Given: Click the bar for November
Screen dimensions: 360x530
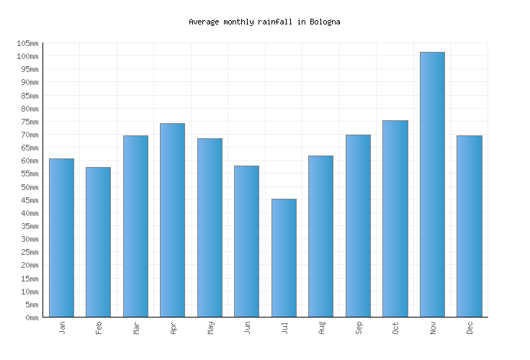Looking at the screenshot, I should (x=432, y=184).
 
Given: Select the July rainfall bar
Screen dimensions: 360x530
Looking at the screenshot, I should (x=284, y=258).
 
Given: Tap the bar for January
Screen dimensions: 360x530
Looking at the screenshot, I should (x=61, y=238).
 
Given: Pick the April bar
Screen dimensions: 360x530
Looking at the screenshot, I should (x=172, y=220).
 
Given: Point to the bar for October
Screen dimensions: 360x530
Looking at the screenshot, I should (x=395, y=218).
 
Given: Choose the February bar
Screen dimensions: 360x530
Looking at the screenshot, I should (x=98, y=242).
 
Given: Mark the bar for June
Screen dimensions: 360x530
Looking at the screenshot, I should (x=246, y=241).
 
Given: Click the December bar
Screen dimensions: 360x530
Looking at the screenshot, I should (x=469, y=226).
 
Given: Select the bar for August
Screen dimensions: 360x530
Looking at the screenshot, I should (x=320, y=236).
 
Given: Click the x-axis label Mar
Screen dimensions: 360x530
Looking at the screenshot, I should (x=136, y=328).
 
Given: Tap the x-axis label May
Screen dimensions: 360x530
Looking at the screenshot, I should (x=210, y=328).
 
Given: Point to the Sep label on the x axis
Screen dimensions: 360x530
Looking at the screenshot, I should (x=359, y=328).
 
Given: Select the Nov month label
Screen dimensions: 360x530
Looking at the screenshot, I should (x=433, y=328).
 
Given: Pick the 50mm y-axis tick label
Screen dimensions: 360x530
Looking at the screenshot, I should (x=27, y=187).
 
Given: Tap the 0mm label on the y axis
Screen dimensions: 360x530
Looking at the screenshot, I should (x=31, y=318).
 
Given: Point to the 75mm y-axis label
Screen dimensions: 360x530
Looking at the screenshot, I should (x=27, y=122).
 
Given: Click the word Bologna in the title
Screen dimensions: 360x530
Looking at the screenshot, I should (x=325, y=22).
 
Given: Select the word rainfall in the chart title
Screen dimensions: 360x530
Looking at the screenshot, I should (x=274, y=22).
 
